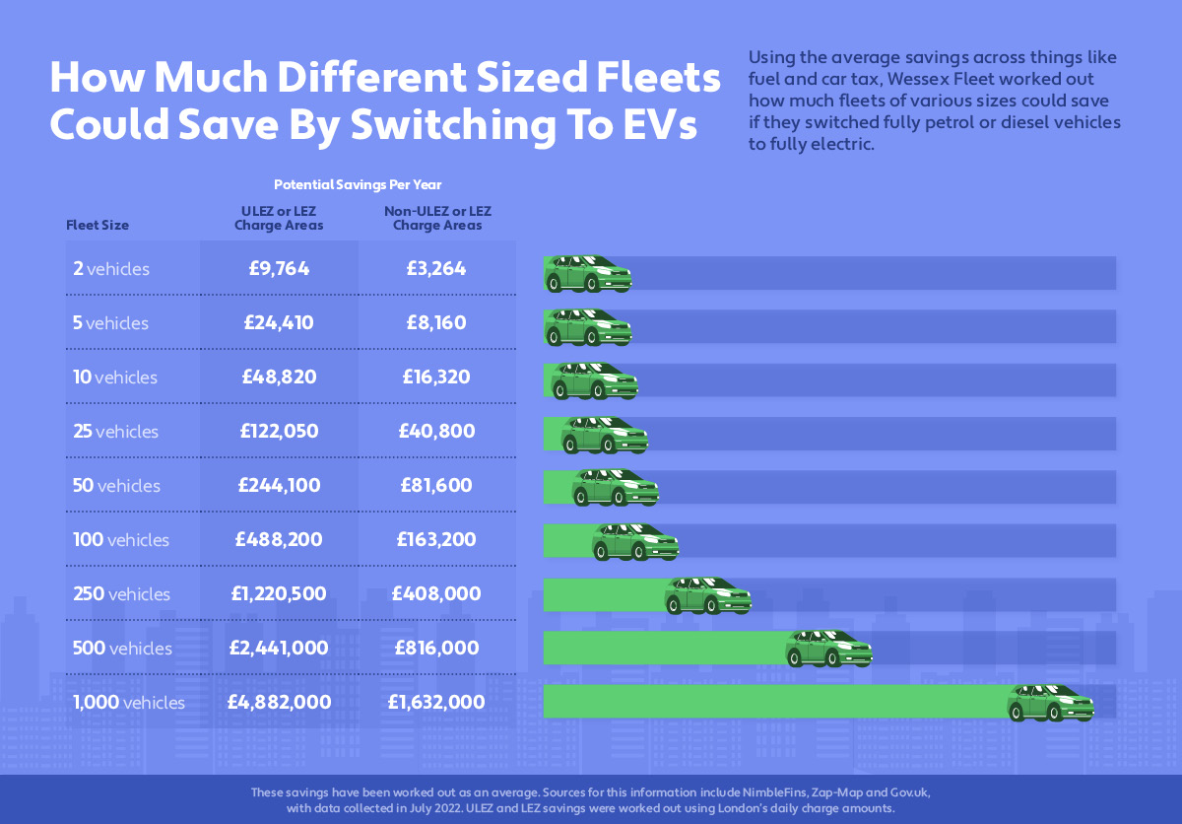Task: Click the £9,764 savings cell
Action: (x=279, y=269)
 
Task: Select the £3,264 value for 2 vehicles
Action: (x=436, y=269)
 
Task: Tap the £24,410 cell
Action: (x=279, y=323)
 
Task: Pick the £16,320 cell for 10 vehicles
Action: (x=436, y=378)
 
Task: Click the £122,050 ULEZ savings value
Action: (x=279, y=432)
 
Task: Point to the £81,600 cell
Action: (x=436, y=486)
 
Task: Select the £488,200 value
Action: (x=279, y=540)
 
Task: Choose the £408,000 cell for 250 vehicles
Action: (x=436, y=594)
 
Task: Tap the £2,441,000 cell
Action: (x=279, y=649)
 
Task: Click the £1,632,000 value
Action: (x=436, y=703)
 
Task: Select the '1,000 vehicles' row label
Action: (x=129, y=703)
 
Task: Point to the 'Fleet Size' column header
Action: (x=98, y=225)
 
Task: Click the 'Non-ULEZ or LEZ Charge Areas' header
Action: (x=437, y=218)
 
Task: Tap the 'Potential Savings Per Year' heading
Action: (x=358, y=184)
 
